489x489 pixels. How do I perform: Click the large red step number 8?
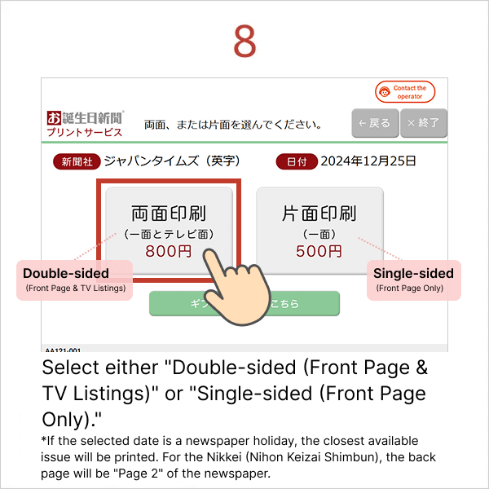coord(244,42)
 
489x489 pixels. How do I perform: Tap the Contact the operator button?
coord(405,92)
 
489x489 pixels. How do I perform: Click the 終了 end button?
coord(422,123)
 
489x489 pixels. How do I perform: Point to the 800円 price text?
coord(170,251)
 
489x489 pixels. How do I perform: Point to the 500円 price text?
coord(319,251)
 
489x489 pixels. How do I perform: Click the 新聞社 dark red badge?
coord(76,161)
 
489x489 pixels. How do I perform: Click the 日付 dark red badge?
coord(297,161)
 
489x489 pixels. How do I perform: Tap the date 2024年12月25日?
coord(368,161)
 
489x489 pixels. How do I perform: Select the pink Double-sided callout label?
coord(75,280)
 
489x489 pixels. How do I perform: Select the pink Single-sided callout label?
coord(413,280)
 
